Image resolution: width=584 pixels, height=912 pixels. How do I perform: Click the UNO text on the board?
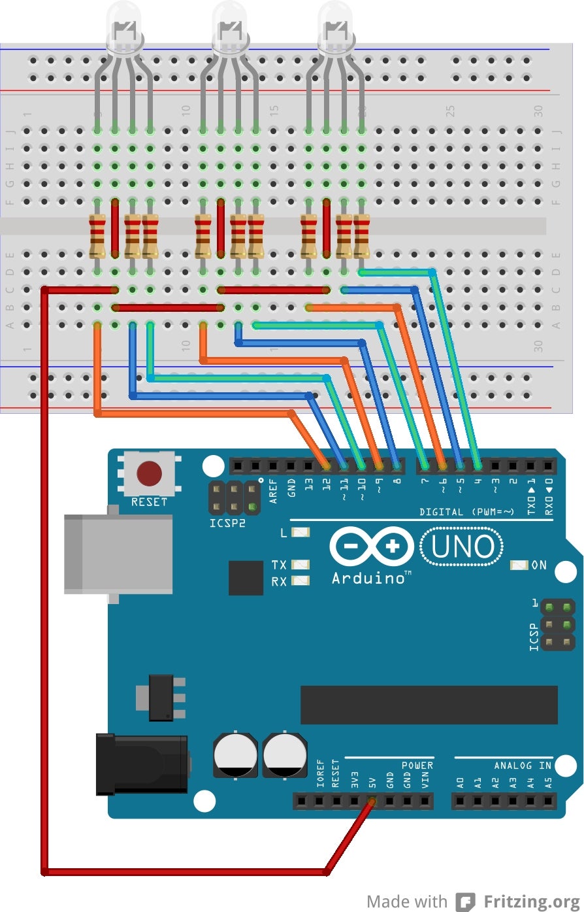[x=462, y=547]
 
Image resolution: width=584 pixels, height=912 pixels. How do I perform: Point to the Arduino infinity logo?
[x=372, y=547]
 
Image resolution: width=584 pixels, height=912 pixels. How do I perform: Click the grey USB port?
[x=118, y=553]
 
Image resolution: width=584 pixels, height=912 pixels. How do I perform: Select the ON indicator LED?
[x=519, y=565]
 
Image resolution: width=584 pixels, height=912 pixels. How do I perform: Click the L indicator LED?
[x=300, y=532]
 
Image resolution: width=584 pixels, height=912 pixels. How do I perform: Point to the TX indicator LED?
[x=300, y=564]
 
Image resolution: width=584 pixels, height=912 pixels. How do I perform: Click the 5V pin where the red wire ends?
[x=372, y=800]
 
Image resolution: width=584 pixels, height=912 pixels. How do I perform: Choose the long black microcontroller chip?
[x=429, y=705]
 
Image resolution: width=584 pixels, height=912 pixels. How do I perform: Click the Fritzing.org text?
[x=531, y=902]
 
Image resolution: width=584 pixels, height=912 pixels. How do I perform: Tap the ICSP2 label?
[x=228, y=524]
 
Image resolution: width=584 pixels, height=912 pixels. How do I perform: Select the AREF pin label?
[x=273, y=490]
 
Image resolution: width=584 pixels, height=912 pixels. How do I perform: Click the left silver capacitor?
[x=235, y=755]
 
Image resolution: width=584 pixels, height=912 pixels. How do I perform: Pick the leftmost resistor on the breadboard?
[x=97, y=237]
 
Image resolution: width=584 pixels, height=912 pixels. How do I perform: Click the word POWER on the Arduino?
[x=417, y=765]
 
